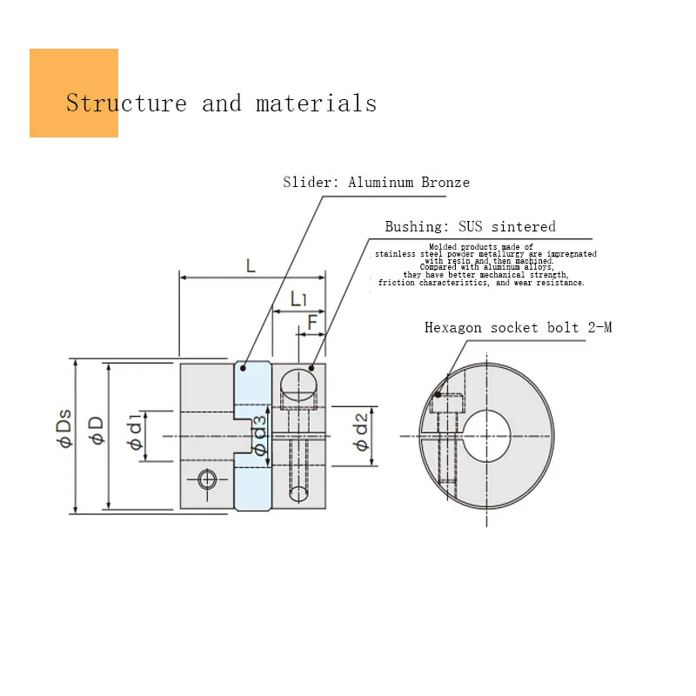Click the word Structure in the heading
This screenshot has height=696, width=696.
coord(126,104)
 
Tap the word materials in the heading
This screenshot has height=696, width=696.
coord(316,104)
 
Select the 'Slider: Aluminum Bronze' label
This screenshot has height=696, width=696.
coord(376,182)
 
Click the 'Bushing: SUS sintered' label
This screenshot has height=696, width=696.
coord(470,226)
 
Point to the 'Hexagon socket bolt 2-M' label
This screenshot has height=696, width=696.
coord(518,328)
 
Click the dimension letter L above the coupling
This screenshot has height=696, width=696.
coord(251,264)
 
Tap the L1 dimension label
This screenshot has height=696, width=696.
coord(298,299)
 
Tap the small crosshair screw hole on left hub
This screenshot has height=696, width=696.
coord(206,479)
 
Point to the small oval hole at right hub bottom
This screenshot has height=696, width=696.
coord(298,494)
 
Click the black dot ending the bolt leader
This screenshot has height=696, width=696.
coord(438,394)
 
